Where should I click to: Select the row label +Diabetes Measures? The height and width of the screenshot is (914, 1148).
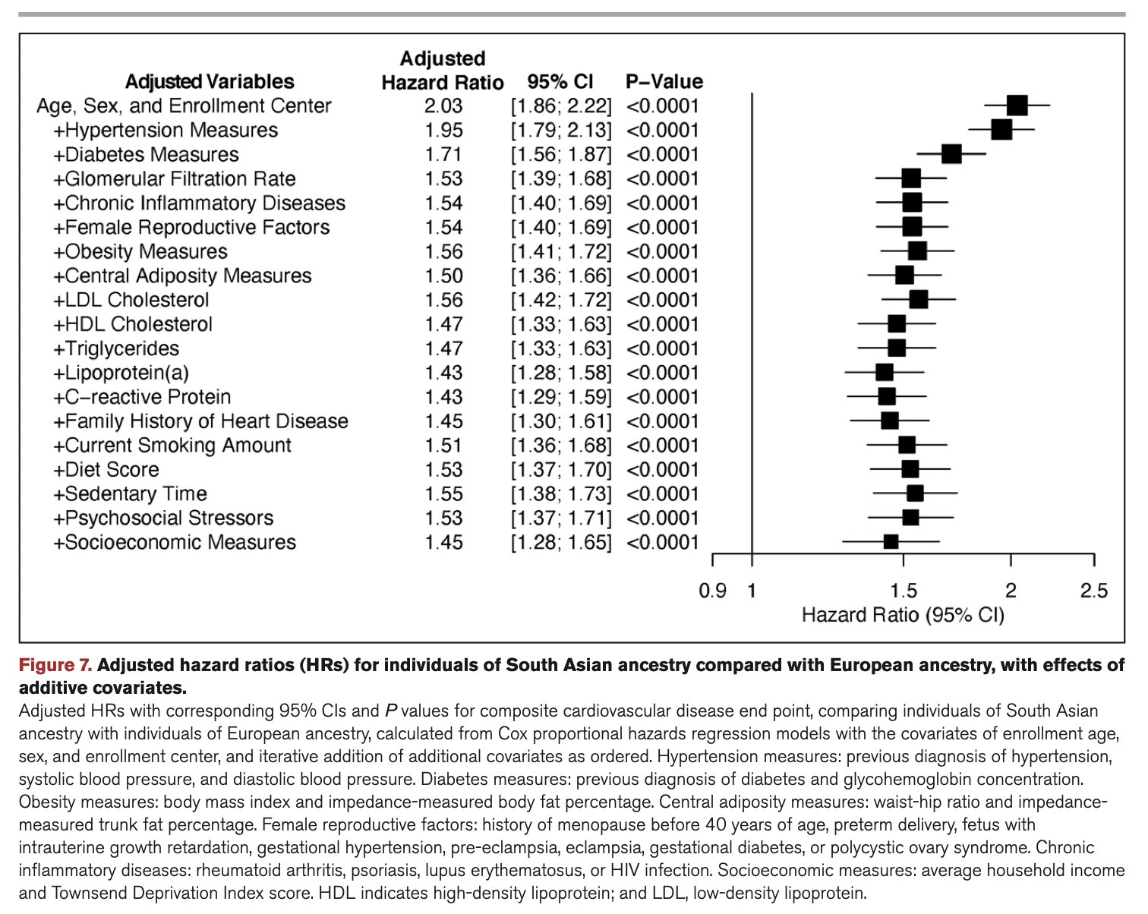pyautogui.click(x=146, y=155)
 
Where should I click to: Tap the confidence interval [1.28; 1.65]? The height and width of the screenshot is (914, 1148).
pyautogui.click(x=561, y=543)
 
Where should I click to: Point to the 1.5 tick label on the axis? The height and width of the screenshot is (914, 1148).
pyautogui.click(x=903, y=591)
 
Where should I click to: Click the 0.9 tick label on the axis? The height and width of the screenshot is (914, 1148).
pyautogui.click(x=712, y=591)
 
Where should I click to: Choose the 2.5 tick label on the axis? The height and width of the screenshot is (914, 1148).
pyautogui.click(x=1093, y=591)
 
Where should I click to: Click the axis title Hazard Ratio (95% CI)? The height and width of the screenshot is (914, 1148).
pyautogui.click(x=903, y=614)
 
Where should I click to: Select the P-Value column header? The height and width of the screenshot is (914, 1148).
pyautogui.click(x=664, y=82)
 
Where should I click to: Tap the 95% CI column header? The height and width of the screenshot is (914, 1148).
pyautogui.click(x=560, y=82)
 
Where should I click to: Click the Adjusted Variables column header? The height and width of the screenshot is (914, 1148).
pyautogui.click(x=210, y=82)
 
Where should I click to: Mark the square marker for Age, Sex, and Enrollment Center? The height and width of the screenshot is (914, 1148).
pyautogui.click(x=1017, y=106)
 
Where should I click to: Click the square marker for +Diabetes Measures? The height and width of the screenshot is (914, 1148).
pyautogui.click(x=951, y=154)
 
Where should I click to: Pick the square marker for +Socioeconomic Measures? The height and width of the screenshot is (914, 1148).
pyautogui.click(x=891, y=542)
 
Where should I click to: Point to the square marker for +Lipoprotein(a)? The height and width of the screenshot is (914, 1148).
pyautogui.click(x=884, y=372)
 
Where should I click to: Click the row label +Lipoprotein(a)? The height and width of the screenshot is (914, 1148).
pyautogui.click(x=121, y=373)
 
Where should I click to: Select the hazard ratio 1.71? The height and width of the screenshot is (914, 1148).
pyautogui.click(x=443, y=155)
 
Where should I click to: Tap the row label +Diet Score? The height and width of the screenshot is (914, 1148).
pyautogui.click(x=106, y=470)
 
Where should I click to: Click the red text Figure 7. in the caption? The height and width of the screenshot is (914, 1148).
pyautogui.click(x=55, y=666)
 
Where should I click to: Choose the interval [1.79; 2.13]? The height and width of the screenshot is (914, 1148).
pyautogui.click(x=561, y=131)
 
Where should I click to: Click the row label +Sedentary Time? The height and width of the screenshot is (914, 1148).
pyautogui.click(x=130, y=494)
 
